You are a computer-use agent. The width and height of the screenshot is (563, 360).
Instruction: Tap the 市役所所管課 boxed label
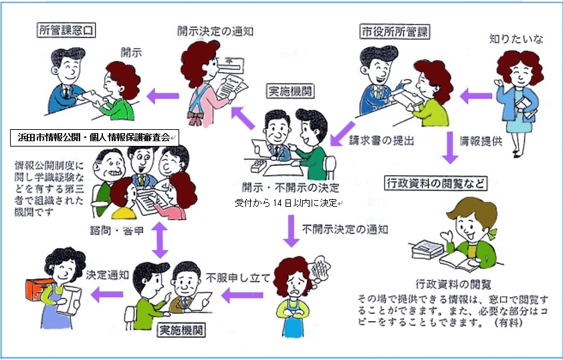tap(394, 31)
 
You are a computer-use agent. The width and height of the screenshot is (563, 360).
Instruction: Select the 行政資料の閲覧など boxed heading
tap(435, 183)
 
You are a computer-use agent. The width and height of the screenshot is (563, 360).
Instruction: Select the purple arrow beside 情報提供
tap(450, 149)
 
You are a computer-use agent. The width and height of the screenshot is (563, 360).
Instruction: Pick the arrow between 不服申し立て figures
tap(247, 293)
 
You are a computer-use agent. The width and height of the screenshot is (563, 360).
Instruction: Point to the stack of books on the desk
tap(425, 248)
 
